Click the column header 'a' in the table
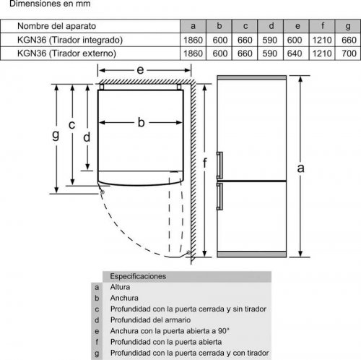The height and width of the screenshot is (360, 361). [193, 26]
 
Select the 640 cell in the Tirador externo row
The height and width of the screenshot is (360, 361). [295, 53]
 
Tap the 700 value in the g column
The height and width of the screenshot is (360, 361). [349, 53]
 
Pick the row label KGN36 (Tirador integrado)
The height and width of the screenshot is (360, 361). [70, 40]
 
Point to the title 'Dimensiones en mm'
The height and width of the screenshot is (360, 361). [50, 4]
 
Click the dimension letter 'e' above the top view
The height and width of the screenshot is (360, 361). [140, 70]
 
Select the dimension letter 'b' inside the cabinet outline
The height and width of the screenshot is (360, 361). [142, 122]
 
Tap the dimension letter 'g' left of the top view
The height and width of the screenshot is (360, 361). [56, 134]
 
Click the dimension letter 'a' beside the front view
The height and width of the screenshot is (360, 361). [300, 168]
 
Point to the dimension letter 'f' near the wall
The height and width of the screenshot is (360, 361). [204, 163]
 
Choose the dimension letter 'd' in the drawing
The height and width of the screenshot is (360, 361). [87, 137]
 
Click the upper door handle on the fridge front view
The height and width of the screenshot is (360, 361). [219, 166]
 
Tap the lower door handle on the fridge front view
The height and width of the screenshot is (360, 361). [219, 196]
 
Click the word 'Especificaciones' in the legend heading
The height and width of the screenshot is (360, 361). [138, 276]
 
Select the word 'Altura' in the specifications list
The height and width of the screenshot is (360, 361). [120, 287]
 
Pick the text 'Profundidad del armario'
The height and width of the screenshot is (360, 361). [150, 320]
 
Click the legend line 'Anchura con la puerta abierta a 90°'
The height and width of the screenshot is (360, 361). [170, 331]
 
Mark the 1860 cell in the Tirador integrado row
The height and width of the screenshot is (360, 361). [193, 40]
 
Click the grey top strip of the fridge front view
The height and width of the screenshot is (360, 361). [252, 78]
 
